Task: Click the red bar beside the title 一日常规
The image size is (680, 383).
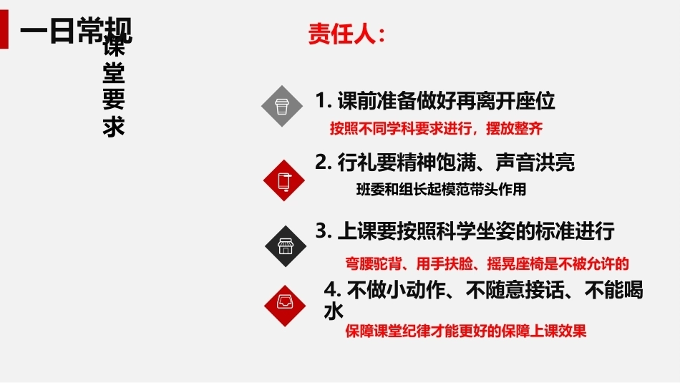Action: [x=4, y=29]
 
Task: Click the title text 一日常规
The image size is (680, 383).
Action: [x=76, y=30]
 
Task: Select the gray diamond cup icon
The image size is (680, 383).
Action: [x=282, y=106]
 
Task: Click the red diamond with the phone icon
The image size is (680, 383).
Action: [x=284, y=180]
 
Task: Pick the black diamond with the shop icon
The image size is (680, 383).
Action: [x=286, y=246]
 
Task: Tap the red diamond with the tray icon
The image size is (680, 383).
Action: [x=285, y=306]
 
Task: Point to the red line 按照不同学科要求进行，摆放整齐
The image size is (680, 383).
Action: [x=436, y=128]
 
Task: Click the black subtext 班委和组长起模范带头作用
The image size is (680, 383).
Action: [x=441, y=189]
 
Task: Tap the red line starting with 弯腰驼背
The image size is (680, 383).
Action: [x=487, y=263]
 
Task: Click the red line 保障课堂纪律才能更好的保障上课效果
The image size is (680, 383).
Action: [x=466, y=331]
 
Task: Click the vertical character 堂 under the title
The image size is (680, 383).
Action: [x=114, y=72]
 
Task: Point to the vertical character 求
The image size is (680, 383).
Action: [x=114, y=126]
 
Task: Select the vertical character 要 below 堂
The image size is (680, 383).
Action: [x=114, y=100]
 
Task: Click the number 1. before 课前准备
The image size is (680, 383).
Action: [x=324, y=101]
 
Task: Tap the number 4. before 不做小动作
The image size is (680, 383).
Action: [x=332, y=290]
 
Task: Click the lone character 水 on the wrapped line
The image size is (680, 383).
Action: [x=334, y=311]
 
